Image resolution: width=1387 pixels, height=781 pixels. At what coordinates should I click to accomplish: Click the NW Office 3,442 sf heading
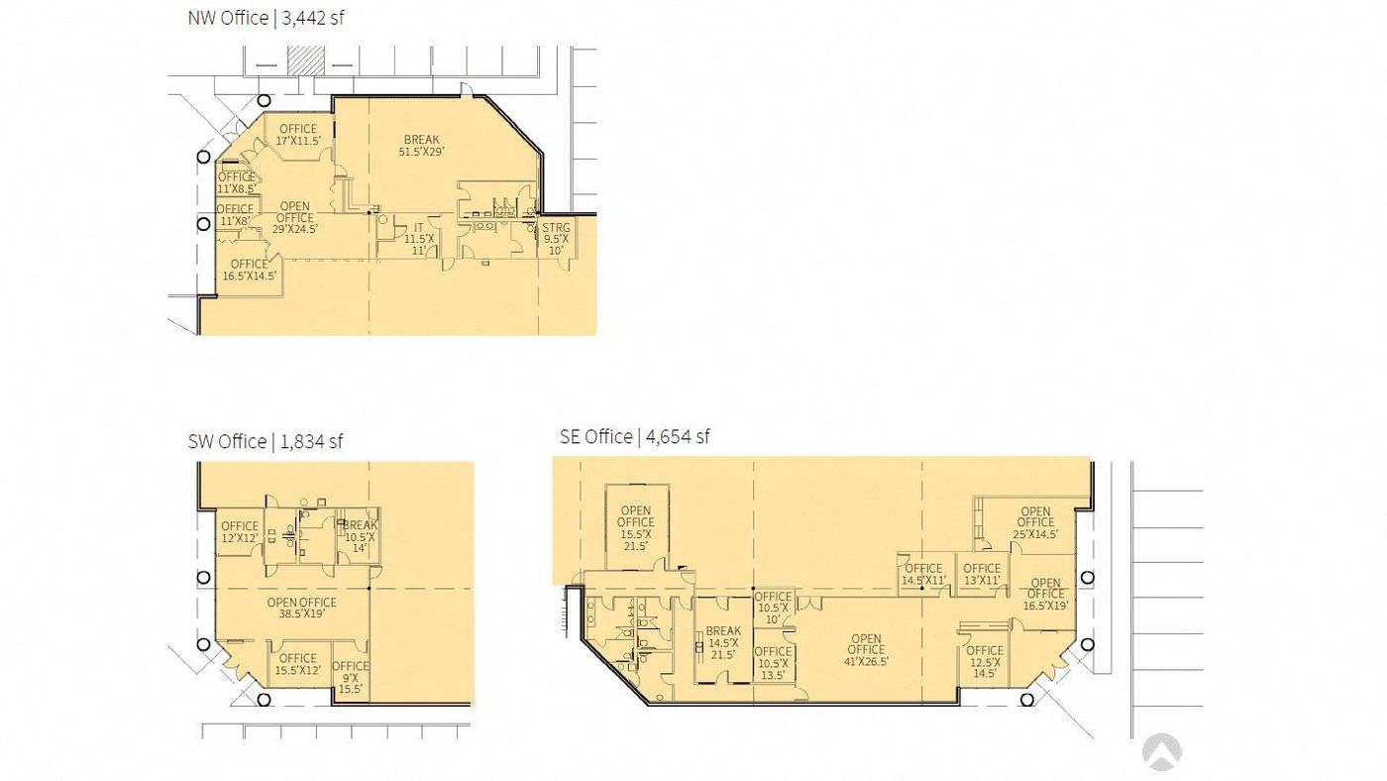click(x=266, y=18)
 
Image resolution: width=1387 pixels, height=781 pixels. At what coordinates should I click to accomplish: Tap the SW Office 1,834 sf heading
click(x=266, y=442)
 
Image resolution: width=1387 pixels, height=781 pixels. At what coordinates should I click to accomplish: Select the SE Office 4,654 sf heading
click(x=634, y=437)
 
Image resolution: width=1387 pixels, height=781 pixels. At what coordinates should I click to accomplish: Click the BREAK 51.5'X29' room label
click(x=422, y=146)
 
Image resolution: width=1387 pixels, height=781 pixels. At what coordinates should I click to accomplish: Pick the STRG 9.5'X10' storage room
click(x=556, y=239)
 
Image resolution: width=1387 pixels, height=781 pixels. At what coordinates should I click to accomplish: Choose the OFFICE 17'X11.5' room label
click(x=298, y=135)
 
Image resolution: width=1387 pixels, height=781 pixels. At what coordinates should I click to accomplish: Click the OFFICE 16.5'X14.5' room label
click(x=250, y=270)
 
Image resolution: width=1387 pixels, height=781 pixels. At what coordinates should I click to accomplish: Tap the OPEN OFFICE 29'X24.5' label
click(x=295, y=217)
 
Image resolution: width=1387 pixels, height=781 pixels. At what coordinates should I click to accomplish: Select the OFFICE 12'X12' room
click(x=240, y=532)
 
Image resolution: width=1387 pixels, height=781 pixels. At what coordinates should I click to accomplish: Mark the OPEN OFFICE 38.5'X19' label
click(x=301, y=609)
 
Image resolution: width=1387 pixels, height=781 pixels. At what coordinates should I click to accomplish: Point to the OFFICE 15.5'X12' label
click(x=298, y=664)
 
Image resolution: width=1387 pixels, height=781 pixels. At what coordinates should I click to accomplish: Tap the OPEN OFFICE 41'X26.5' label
click(x=866, y=650)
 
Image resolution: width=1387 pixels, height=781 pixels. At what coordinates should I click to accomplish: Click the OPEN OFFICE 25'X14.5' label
click(x=1036, y=522)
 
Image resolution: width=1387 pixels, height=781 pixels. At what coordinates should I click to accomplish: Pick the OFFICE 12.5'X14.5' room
click(x=985, y=661)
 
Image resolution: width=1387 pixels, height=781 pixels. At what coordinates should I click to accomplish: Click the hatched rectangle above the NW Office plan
click(x=305, y=60)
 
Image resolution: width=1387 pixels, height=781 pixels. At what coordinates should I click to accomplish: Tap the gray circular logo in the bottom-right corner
click(x=1161, y=752)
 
